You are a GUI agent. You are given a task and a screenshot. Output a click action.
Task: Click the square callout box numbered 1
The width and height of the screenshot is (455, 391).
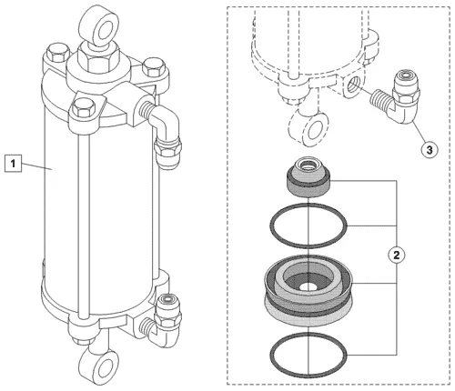(x=13, y=163)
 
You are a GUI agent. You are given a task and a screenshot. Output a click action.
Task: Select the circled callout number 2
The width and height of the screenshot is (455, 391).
(x=397, y=255)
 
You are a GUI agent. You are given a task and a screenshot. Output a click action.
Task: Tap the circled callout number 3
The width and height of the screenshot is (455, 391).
(x=430, y=150)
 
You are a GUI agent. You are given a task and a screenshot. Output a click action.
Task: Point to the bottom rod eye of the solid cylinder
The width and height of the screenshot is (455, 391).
(x=98, y=366)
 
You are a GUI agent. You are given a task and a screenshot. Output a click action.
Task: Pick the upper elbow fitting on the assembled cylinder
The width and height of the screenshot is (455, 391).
(x=162, y=129)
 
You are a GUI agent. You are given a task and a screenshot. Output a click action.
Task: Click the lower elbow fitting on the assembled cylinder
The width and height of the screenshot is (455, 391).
(x=162, y=321)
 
